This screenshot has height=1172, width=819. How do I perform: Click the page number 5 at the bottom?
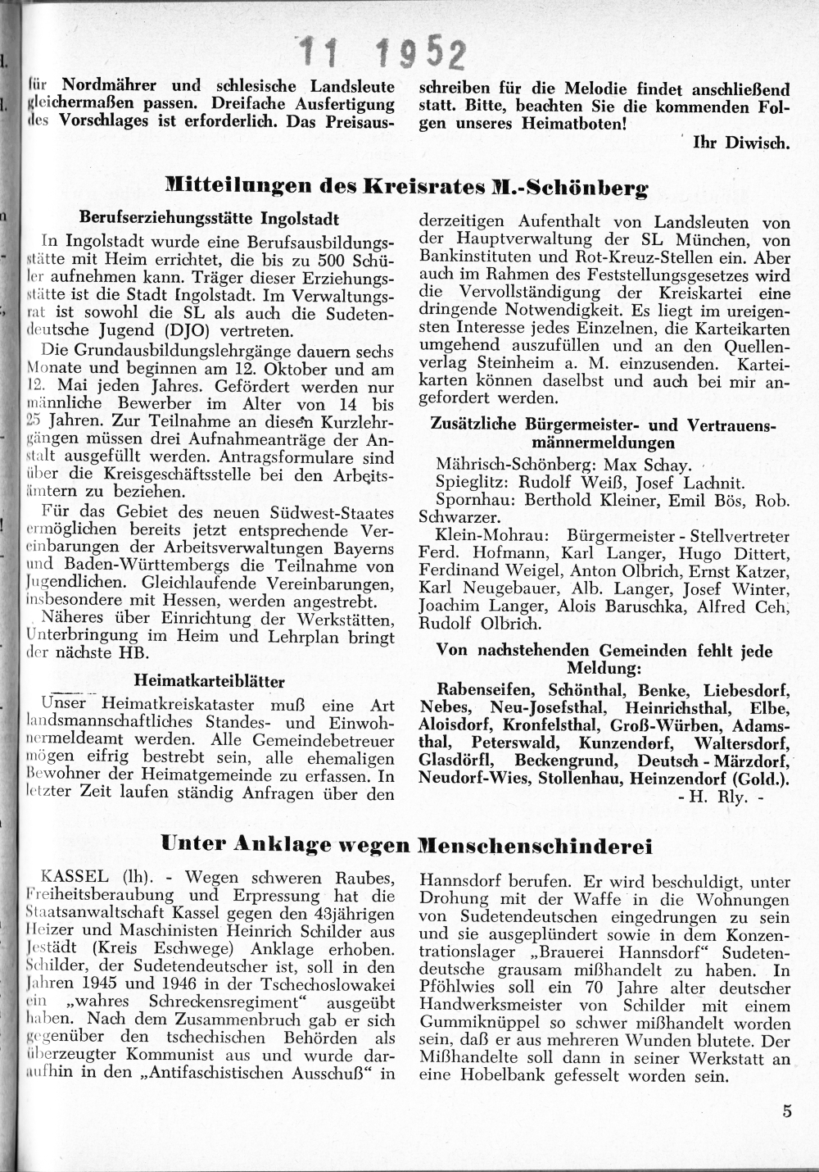pos(787,1111)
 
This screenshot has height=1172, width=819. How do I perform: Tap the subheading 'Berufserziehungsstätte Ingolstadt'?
pos(210,220)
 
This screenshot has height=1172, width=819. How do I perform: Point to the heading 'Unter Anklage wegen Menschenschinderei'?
pos(406,844)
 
